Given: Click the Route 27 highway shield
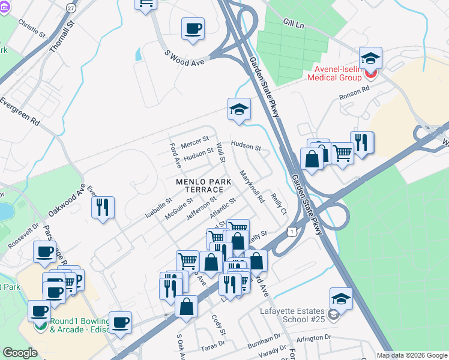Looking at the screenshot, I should pyautogui.click(x=71, y=8).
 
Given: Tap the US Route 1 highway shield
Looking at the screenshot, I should pyautogui.click(x=291, y=230).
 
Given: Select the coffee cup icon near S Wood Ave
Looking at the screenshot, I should pyautogui.click(x=193, y=28).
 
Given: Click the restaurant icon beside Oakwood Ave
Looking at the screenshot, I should pyautogui.click(x=103, y=207).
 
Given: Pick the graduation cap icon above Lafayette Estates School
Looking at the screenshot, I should pyautogui.click(x=341, y=298).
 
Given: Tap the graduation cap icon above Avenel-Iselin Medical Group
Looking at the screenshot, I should pyautogui.click(x=371, y=59).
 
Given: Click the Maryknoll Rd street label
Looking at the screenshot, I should pyautogui.click(x=252, y=187).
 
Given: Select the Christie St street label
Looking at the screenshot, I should pyautogui.click(x=32, y=28).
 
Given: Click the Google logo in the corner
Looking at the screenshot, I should pyautogui.click(x=20, y=353).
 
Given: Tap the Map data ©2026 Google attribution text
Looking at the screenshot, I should pyautogui.click(x=411, y=355).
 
